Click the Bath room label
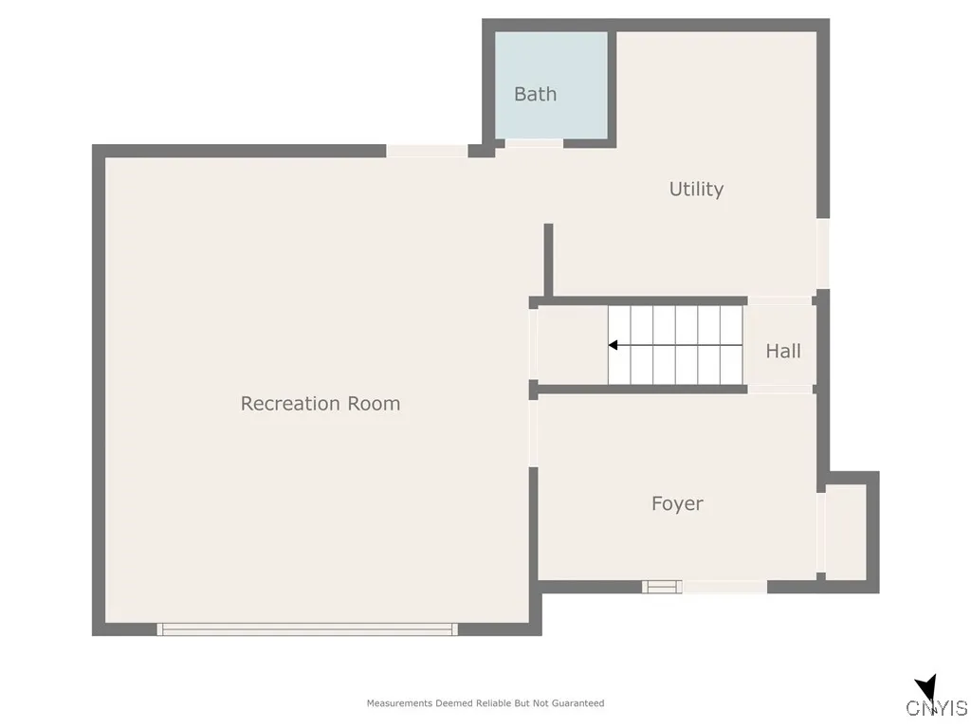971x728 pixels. coord(535,94)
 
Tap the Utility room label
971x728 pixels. coord(696,189)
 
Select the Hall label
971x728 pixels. coord(783,351)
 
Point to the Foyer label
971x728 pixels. coord(677,503)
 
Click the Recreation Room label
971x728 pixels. coord(320,403)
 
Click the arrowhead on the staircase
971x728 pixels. coord(614,345)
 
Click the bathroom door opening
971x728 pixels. coord(534,143)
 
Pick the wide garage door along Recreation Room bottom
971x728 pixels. coord(307,628)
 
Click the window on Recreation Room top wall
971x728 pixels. coord(426,151)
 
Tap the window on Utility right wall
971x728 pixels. coord(823,253)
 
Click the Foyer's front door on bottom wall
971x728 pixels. coord(724,587)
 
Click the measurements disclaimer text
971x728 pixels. coord(485,703)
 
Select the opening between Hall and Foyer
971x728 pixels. coord(781,389)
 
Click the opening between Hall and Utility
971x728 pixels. coord(781,300)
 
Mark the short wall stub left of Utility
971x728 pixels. coord(548,260)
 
